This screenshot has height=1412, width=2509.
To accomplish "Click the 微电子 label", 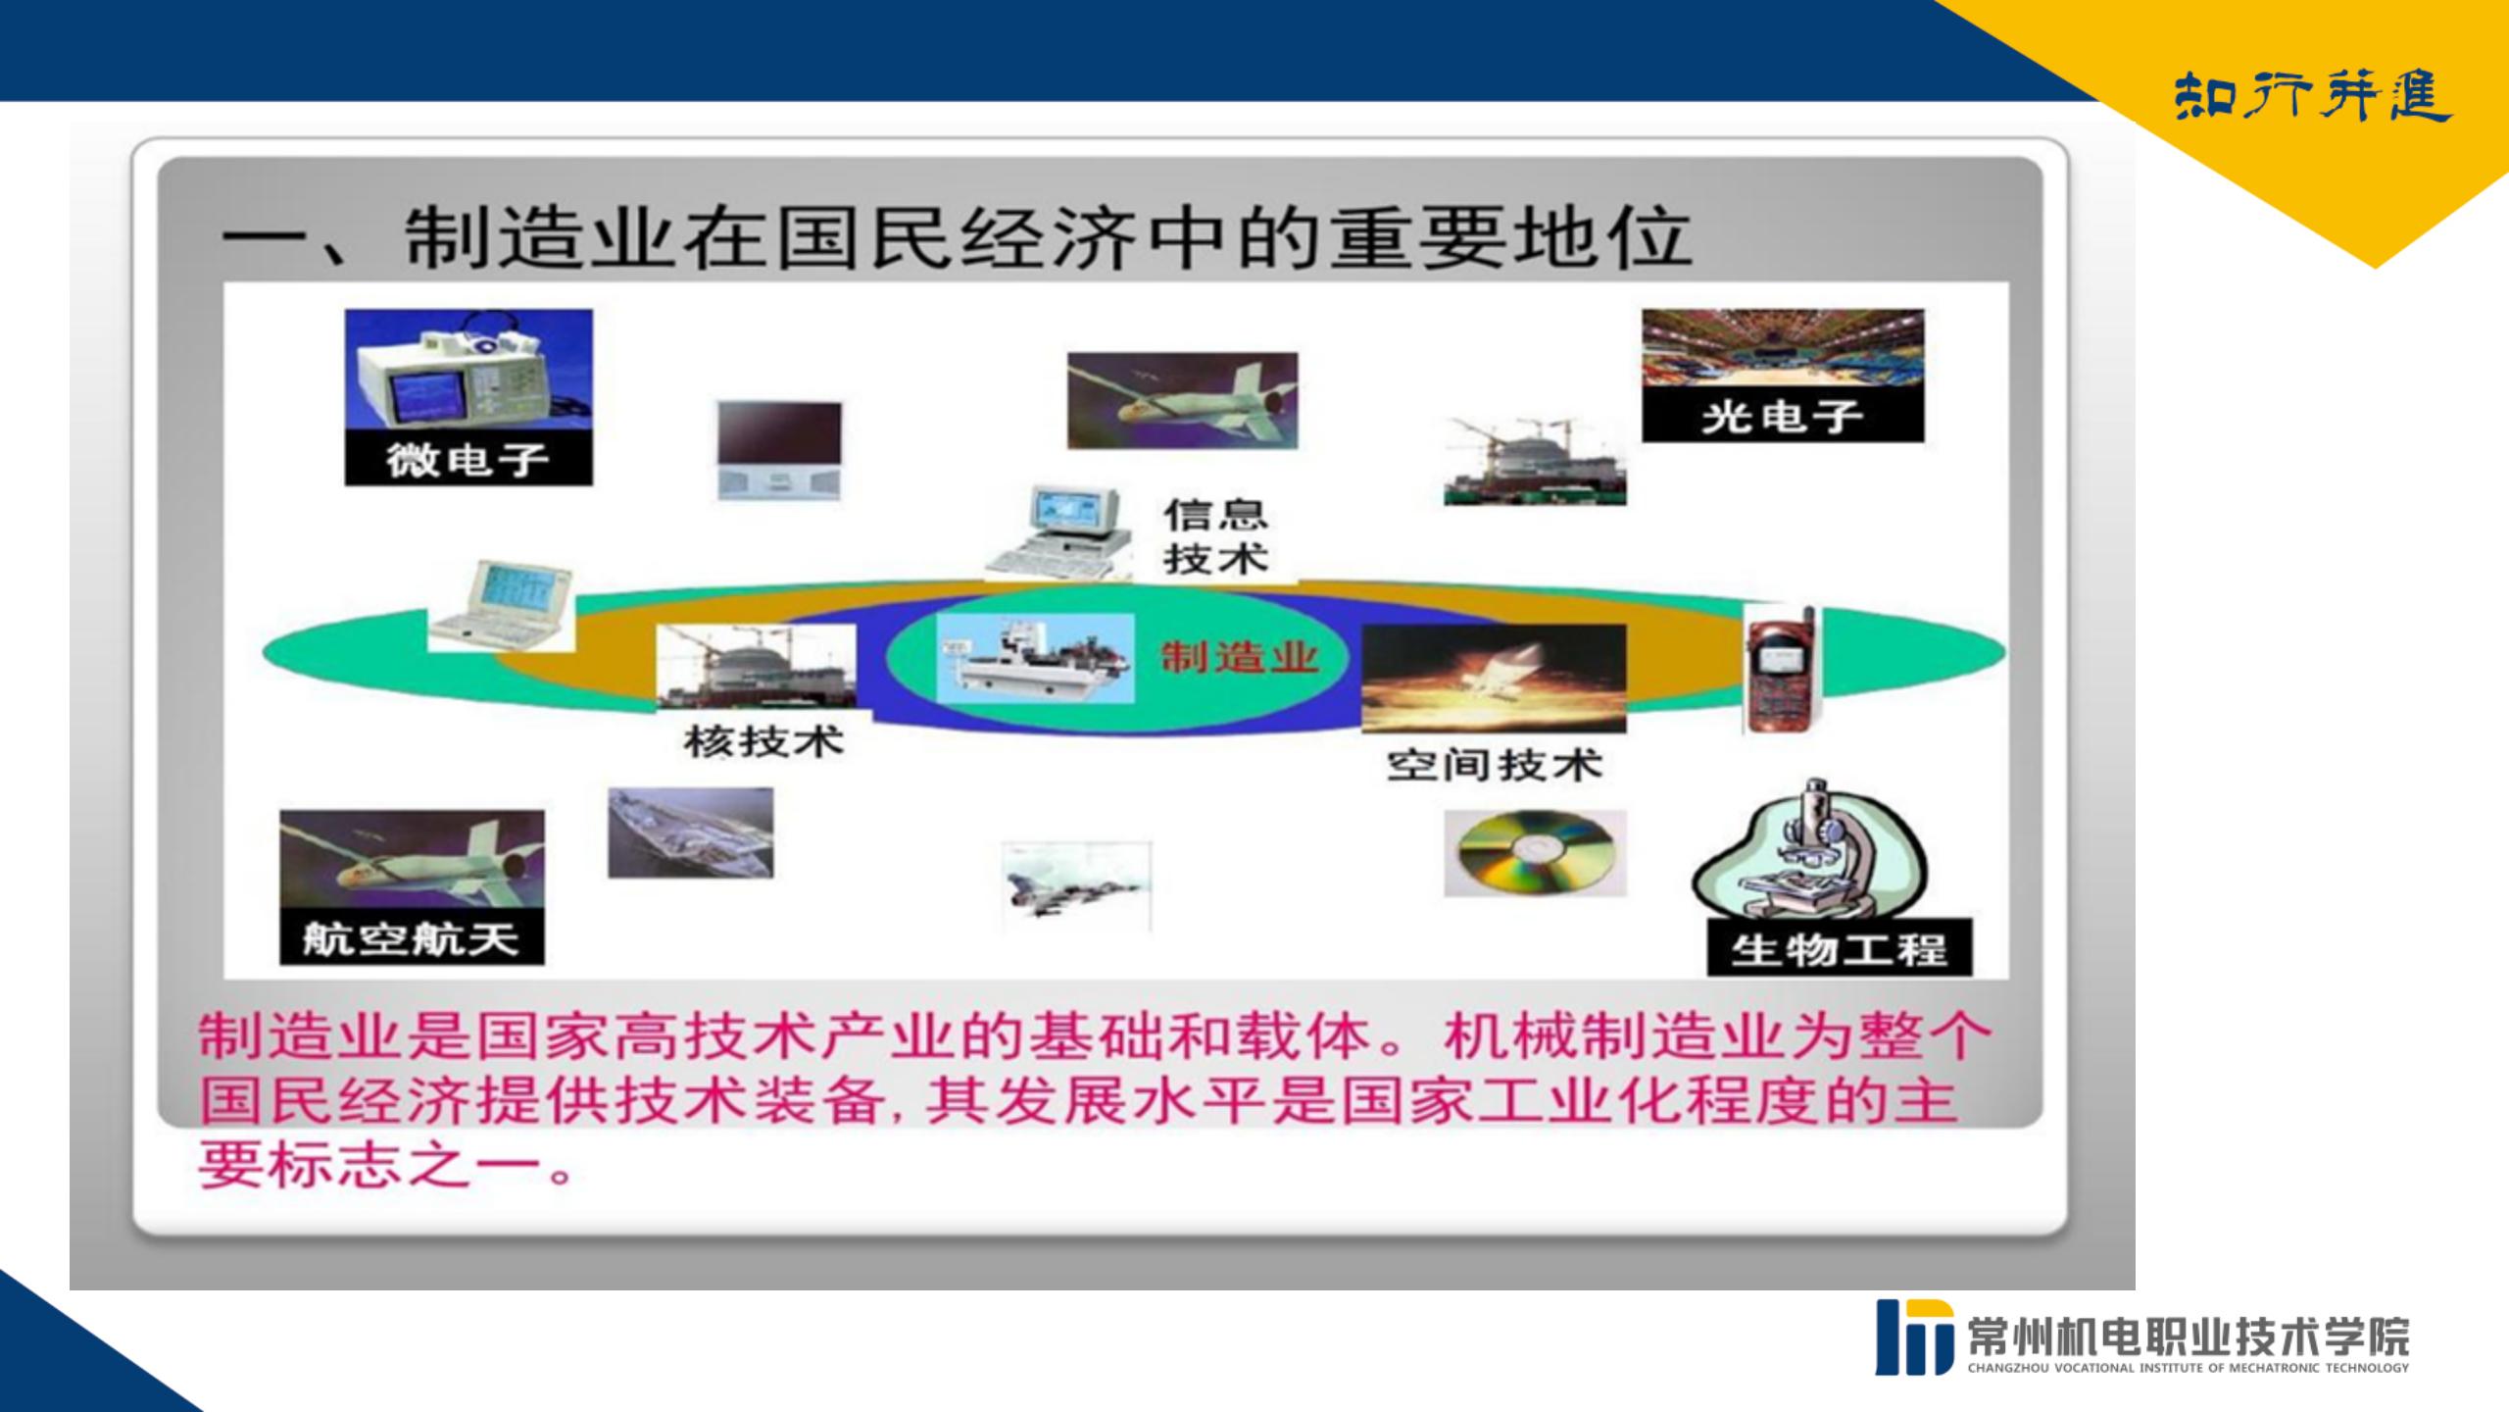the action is (467, 460).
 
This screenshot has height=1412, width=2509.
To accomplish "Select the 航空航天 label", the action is (411, 940).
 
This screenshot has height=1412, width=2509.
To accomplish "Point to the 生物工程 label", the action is (1839, 949).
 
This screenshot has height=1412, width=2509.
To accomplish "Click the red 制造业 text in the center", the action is (1240, 657).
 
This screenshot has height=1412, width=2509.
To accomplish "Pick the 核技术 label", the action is (764, 741).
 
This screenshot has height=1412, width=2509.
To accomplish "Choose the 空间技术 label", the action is (1495, 765).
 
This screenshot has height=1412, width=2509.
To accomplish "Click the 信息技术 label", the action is (1215, 537).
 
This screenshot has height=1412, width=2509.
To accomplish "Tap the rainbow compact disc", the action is (1535, 852).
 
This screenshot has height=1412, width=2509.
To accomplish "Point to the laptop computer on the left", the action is (502, 606).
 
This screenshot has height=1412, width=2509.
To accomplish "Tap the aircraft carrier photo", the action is (691, 832).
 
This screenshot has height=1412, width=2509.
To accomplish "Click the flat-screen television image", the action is (779, 450).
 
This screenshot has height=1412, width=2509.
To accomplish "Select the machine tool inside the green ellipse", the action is (1035, 659).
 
